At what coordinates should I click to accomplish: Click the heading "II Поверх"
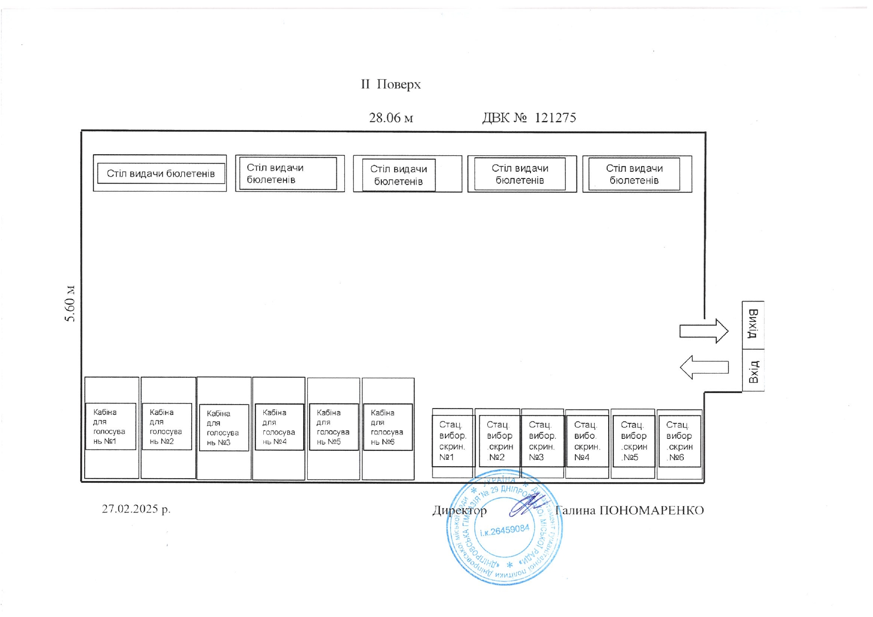391,85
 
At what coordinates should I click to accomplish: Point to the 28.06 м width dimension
391,118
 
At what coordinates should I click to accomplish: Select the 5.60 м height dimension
70,304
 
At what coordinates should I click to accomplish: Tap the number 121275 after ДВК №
555,118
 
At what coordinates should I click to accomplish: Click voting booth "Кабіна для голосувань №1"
110,427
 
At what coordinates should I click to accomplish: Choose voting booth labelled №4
279,427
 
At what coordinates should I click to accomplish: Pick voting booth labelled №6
388,427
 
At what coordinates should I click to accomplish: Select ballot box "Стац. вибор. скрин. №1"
452,441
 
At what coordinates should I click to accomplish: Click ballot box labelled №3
542,441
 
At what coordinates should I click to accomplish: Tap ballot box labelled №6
679,441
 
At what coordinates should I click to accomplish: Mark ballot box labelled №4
587,441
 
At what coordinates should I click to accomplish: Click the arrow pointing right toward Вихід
704,331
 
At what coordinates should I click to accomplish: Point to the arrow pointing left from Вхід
704,367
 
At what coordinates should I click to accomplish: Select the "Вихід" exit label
753,324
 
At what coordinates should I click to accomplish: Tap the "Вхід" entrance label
754,371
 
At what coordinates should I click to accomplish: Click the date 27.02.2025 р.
136,509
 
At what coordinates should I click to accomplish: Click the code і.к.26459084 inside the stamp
504,530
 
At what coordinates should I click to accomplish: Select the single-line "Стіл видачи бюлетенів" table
160,174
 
